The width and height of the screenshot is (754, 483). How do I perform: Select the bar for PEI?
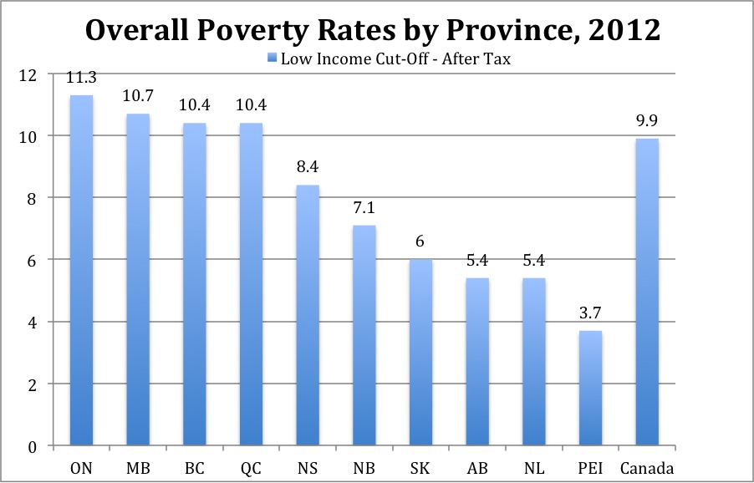[590, 388]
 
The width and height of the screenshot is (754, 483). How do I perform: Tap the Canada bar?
[647, 292]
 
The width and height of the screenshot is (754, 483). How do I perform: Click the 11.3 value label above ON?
[81, 79]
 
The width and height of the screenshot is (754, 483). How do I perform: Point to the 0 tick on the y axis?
[33, 446]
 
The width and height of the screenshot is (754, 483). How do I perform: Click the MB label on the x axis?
[138, 466]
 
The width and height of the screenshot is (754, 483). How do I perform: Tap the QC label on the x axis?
[251, 466]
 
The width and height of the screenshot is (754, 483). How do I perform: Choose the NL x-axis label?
[533, 466]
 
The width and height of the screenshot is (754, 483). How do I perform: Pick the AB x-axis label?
[477, 466]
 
